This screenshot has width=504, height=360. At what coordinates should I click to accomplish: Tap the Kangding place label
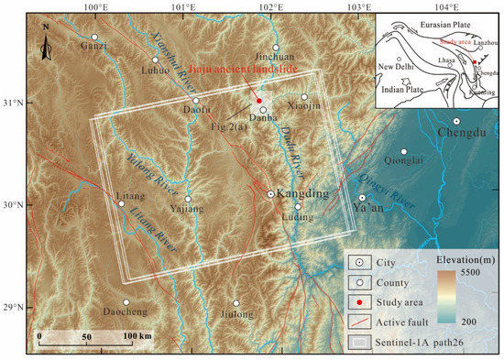301,194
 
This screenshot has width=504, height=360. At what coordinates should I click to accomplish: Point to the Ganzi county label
93,48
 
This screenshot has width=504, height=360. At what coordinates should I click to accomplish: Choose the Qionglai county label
403,164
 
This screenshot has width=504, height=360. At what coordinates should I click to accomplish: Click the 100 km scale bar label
137,338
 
